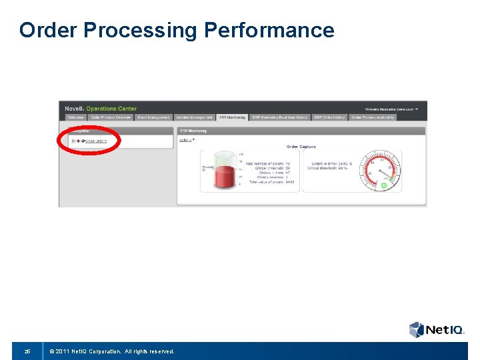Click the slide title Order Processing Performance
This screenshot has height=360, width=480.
(177, 30)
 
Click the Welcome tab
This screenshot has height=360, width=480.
(75, 117)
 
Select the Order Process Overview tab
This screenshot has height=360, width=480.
(111, 117)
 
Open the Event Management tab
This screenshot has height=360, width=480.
(153, 117)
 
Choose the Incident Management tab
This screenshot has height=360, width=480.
(195, 117)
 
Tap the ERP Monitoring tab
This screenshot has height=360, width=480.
(232, 117)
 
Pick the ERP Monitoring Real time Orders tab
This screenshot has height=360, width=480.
(279, 117)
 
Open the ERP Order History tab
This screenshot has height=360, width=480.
(329, 117)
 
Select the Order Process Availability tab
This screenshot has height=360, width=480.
(373, 117)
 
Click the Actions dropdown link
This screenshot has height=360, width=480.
(187, 140)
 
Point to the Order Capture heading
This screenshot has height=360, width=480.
(301, 147)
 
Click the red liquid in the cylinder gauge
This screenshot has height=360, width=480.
(223, 177)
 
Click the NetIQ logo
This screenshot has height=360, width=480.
(434, 329)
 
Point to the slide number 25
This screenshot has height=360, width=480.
(27, 351)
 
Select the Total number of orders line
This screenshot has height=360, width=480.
(267, 163)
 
